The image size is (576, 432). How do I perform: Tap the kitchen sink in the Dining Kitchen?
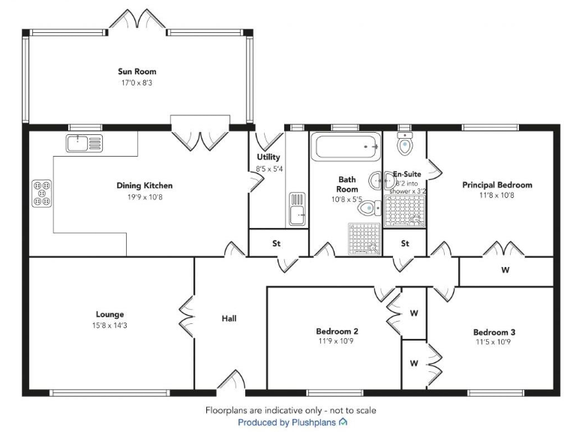84,142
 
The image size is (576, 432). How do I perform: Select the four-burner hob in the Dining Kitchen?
42,192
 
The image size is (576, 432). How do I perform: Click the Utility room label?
268,157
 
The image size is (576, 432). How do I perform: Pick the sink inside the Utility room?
297,209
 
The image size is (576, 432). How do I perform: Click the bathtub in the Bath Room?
347,145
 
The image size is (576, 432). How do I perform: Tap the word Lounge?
109,314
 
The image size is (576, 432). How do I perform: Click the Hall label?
229,319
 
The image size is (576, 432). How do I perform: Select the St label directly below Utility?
276,243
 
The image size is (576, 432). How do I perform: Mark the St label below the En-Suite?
405,243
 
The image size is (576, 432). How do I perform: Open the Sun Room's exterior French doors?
136,22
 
